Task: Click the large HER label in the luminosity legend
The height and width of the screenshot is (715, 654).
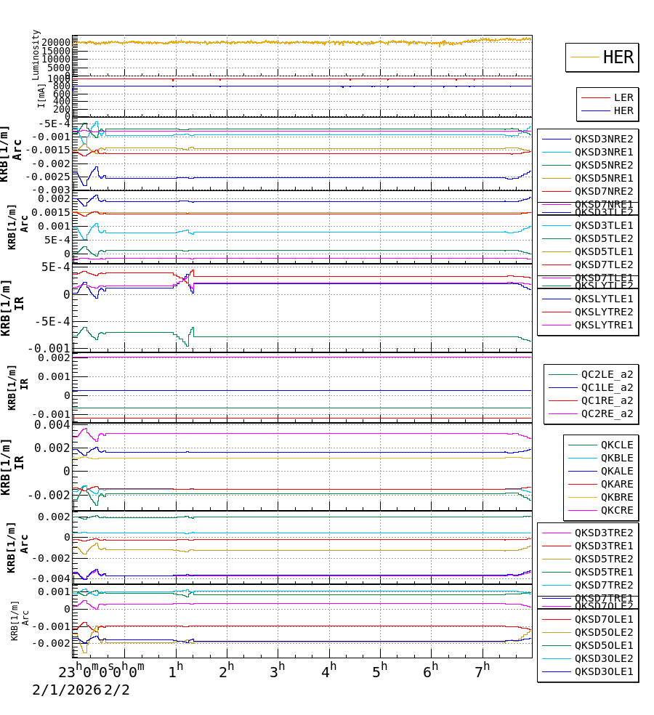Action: pos(618,57)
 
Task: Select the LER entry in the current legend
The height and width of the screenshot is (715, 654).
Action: pos(623,97)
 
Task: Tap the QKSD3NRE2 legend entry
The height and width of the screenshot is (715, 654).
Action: pos(603,139)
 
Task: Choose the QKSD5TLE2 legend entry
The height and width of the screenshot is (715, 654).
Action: pos(603,238)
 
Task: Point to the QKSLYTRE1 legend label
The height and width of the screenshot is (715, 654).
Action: pos(603,325)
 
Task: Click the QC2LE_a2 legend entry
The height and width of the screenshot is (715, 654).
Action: pos(606,374)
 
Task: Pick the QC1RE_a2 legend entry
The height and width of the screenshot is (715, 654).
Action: pos(606,400)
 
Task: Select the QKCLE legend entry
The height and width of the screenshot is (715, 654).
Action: pos(616,445)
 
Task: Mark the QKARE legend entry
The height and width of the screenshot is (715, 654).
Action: pos(616,484)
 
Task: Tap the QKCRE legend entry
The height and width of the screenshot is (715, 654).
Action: pos(616,510)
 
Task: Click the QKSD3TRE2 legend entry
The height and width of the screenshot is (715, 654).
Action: pos(603,533)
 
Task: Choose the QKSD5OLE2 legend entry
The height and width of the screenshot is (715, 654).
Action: pos(603,632)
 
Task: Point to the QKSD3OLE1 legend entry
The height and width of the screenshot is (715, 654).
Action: pos(603,671)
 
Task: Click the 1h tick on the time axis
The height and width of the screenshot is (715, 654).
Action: pos(175,670)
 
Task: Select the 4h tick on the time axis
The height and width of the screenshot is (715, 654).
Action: pos(329,670)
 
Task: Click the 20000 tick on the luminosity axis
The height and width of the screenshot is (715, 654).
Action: pos(55,43)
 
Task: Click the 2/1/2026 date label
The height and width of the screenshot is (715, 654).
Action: pos(65,690)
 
